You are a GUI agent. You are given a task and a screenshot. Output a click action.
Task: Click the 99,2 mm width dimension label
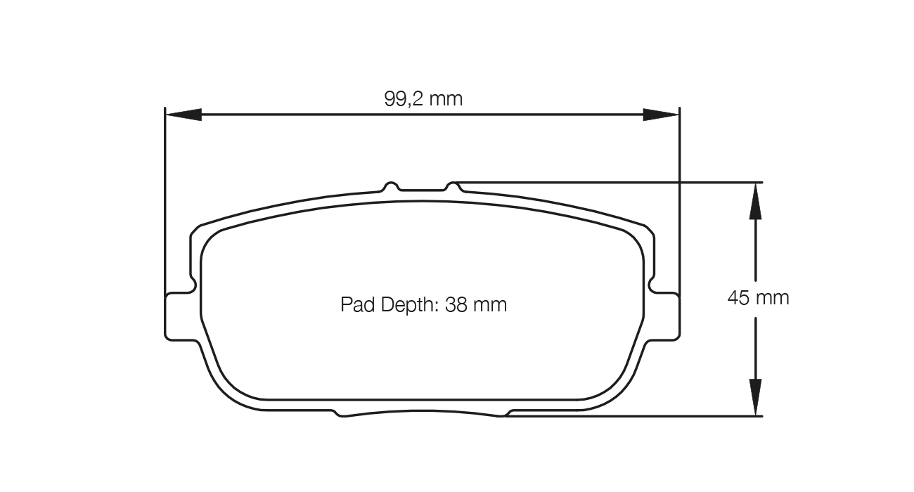tap(423, 99)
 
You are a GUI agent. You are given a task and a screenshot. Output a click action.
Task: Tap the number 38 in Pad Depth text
tap(456, 305)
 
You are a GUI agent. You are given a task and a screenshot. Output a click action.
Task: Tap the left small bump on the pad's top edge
tap(392, 186)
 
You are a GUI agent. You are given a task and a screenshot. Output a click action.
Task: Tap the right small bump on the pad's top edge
tap(453, 186)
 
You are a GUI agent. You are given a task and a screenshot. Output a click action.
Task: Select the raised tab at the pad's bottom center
tap(422, 413)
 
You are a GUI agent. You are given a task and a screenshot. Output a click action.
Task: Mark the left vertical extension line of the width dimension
tap(165, 211)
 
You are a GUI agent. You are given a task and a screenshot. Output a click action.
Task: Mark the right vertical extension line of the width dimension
tap(679, 211)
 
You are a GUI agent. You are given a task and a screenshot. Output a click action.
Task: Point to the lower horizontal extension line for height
tap(633, 416)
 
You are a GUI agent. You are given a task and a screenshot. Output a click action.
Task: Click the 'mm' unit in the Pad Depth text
tap(490, 305)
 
